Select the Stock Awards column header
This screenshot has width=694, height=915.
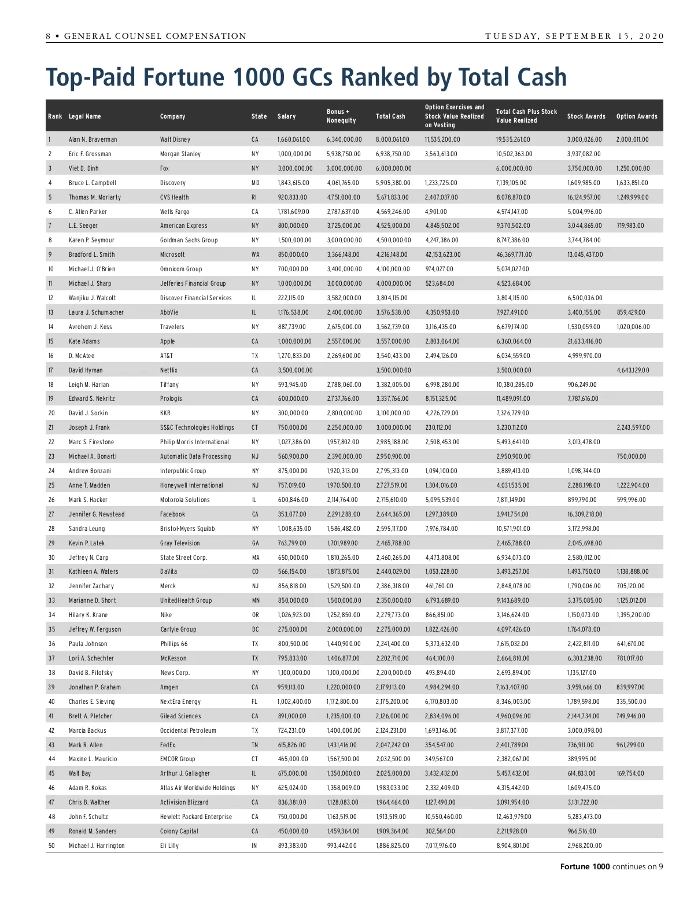pos(586,116)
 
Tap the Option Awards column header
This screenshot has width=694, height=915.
pos(636,116)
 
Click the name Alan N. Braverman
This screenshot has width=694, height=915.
pos(93,139)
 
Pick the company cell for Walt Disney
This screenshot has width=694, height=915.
pos(175,139)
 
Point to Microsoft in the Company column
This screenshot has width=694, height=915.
pos(172,254)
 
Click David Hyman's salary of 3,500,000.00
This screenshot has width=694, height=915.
pos(295,370)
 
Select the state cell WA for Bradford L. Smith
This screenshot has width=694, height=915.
pos(255,254)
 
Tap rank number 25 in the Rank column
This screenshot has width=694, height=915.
pos(51,485)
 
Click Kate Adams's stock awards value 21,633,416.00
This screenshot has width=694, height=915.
pos(584,341)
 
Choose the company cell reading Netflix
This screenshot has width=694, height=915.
pos(169,370)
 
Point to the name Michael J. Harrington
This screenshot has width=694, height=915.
pos(97,846)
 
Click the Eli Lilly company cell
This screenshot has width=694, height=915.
pos(169,846)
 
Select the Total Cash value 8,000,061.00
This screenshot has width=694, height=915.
pos(392,139)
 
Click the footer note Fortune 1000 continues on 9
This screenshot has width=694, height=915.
pos(611,866)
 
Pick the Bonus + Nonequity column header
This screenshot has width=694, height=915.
pos(341,116)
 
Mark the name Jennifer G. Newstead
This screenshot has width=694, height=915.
pos(97,514)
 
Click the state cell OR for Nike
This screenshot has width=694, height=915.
pos(255,615)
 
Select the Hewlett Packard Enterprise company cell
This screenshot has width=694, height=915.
pos(195,817)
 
